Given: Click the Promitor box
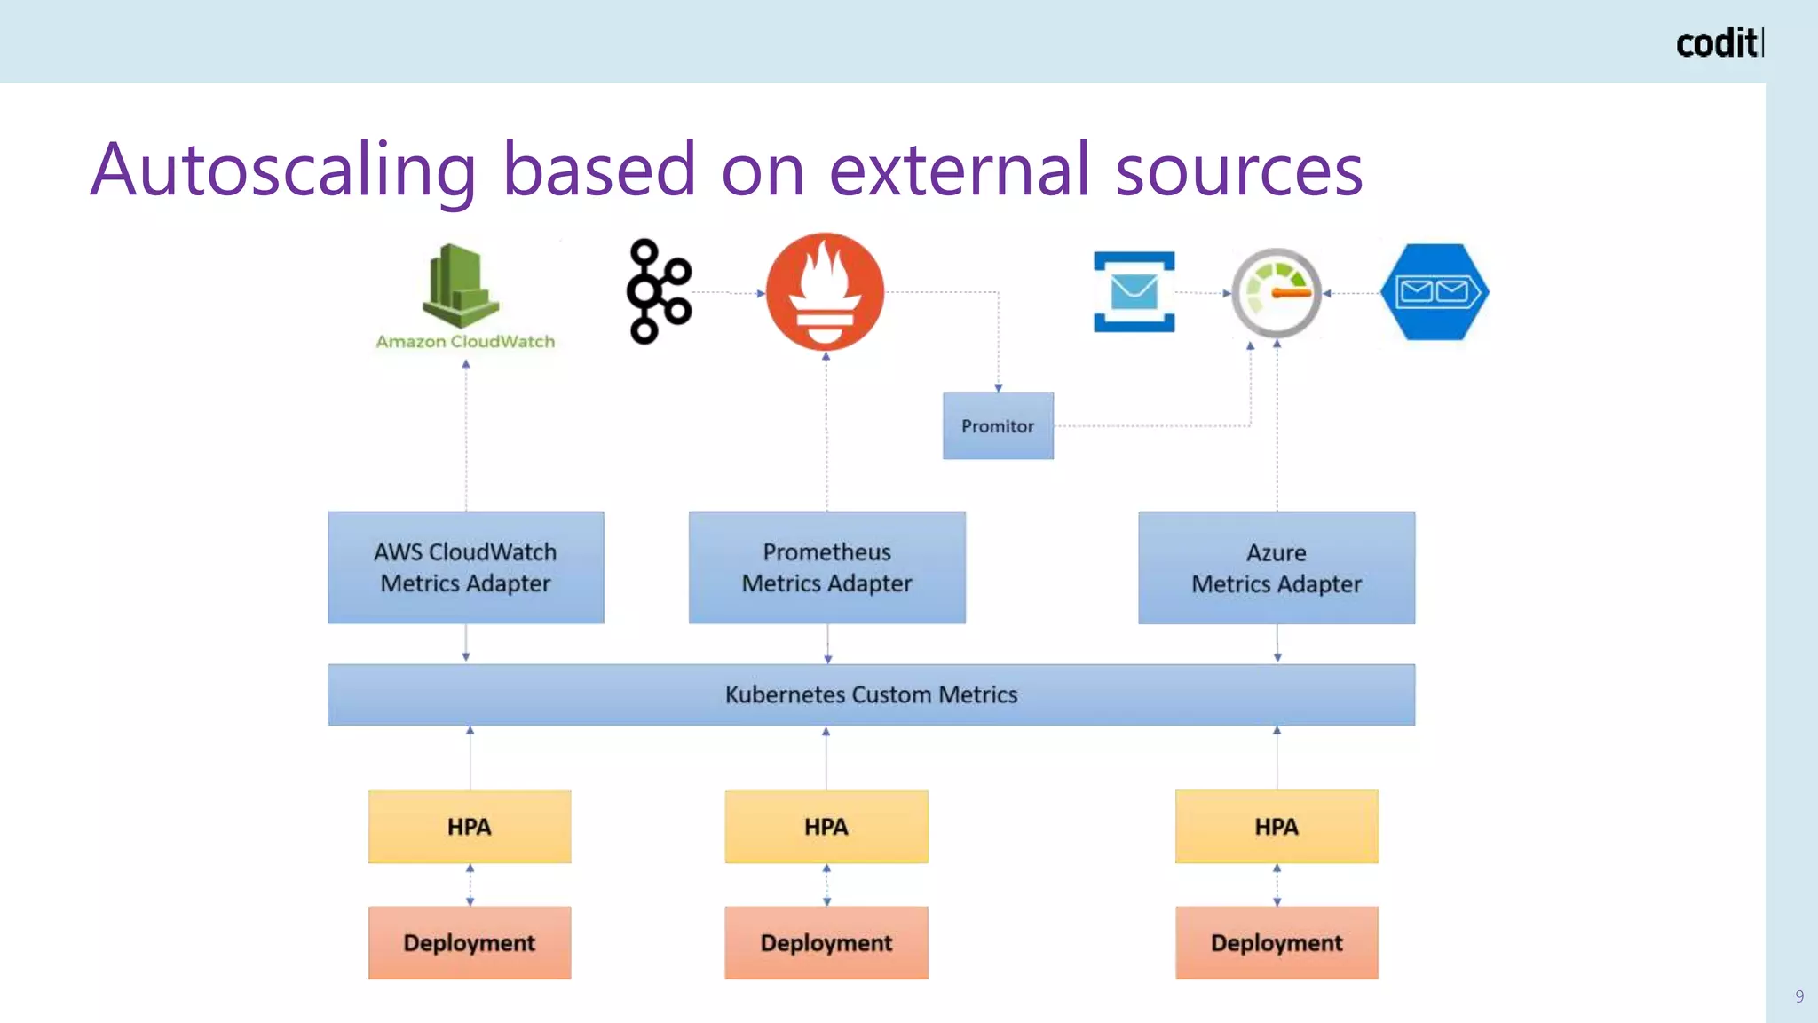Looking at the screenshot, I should pyautogui.click(x=998, y=426).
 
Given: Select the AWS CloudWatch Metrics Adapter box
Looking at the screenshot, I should pyautogui.click(x=465, y=567).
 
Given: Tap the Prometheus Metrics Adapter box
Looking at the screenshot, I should pyautogui.click(x=826, y=567).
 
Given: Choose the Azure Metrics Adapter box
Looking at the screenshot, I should pyautogui.click(x=1277, y=567).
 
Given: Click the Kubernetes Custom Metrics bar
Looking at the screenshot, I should pyautogui.click(x=871, y=694).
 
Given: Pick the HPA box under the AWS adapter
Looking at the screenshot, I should pyautogui.click(x=470, y=827).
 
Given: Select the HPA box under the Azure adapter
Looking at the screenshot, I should pyautogui.click(x=1277, y=827).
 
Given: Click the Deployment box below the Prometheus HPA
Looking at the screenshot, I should pyautogui.click(x=826, y=943).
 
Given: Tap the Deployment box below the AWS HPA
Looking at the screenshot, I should pyautogui.click(x=470, y=943).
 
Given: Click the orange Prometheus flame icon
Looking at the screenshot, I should pyautogui.click(x=825, y=291).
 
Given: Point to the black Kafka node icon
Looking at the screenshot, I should pyautogui.click(x=658, y=291).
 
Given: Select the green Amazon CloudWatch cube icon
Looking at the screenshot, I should pyautogui.click(x=460, y=286).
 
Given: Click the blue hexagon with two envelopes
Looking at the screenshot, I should pyautogui.click(x=1435, y=291).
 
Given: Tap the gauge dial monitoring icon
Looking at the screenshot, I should pyautogui.click(x=1277, y=292).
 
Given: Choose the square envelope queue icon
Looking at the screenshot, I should pyautogui.click(x=1134, y=291).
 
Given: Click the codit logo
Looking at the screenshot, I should pyautogui.click(x=1719, y=43).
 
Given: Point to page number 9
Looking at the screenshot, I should pyautogui.click(x=1799, y=996).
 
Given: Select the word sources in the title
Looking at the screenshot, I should pyautogui.click(x=1238, y=170).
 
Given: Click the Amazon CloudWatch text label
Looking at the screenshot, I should pyautogui.click(x=465, y=342).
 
